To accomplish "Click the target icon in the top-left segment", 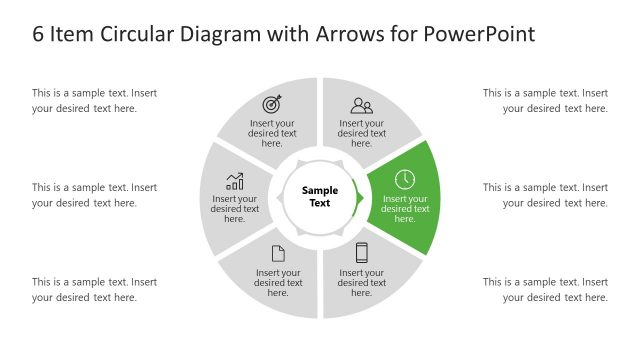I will click(272, 104).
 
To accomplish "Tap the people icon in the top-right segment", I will click(361, 105).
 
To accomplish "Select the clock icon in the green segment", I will click(404, 180).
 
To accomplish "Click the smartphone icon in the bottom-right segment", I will click(361, 253).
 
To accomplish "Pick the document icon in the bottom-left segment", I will click(278, 254).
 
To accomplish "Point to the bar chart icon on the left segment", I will click(235, 181).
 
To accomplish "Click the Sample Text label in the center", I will click(321, 196).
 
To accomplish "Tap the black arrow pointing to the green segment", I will click(358, 196).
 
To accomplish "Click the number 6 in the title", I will click(38, 34).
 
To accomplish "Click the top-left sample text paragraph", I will click(94, 101).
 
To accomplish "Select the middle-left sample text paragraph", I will click(94, 195).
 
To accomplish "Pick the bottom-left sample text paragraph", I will click(94, 290).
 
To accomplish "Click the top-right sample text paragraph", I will click(545, 101).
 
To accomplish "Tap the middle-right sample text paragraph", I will click(545, 195).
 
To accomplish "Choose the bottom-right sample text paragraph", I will click(545, 290).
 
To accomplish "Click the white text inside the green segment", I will click(405, 209).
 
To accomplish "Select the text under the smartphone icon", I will click(362, 283).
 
